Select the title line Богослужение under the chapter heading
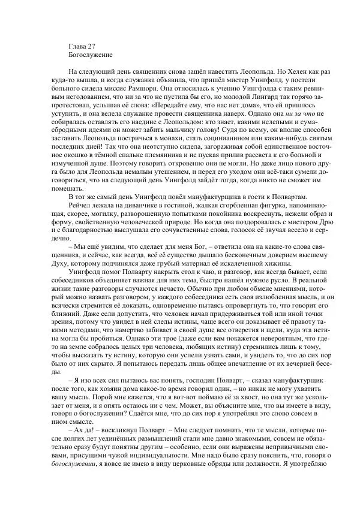[x=91, y=55]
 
